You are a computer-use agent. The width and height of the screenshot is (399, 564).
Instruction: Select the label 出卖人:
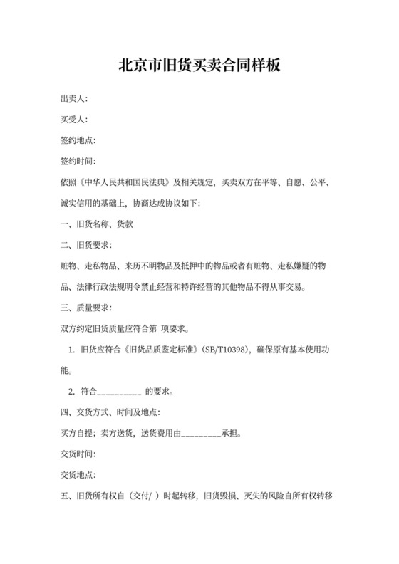click(74, 99)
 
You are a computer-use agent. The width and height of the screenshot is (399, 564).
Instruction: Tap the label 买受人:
click(74, 120)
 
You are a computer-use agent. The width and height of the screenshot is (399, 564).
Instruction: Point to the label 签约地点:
click(78, 140)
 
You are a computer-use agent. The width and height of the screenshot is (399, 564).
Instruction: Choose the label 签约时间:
click(78, 162)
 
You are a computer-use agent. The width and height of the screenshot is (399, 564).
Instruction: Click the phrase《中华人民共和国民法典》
click(126, 182)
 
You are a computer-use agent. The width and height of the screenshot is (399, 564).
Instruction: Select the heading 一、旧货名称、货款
click(94, 224)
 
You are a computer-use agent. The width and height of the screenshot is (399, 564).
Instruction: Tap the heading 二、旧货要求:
click(86, 244)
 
